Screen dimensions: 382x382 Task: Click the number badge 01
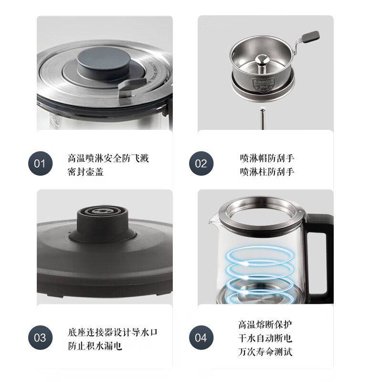pos(40,164)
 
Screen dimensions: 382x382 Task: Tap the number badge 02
pos(201,164)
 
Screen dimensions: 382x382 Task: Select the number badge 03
pos(40,338)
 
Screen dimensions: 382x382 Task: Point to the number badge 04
pos(201,338)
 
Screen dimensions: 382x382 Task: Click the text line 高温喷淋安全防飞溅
pos(108,158)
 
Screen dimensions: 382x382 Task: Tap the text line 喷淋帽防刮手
pos(267,158)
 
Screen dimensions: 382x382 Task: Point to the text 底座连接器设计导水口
pos(112,332)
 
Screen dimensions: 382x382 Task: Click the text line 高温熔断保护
pos(265,325)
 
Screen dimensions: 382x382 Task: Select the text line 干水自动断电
pos(265,339)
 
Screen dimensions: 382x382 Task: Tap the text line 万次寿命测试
pos(265,352)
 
